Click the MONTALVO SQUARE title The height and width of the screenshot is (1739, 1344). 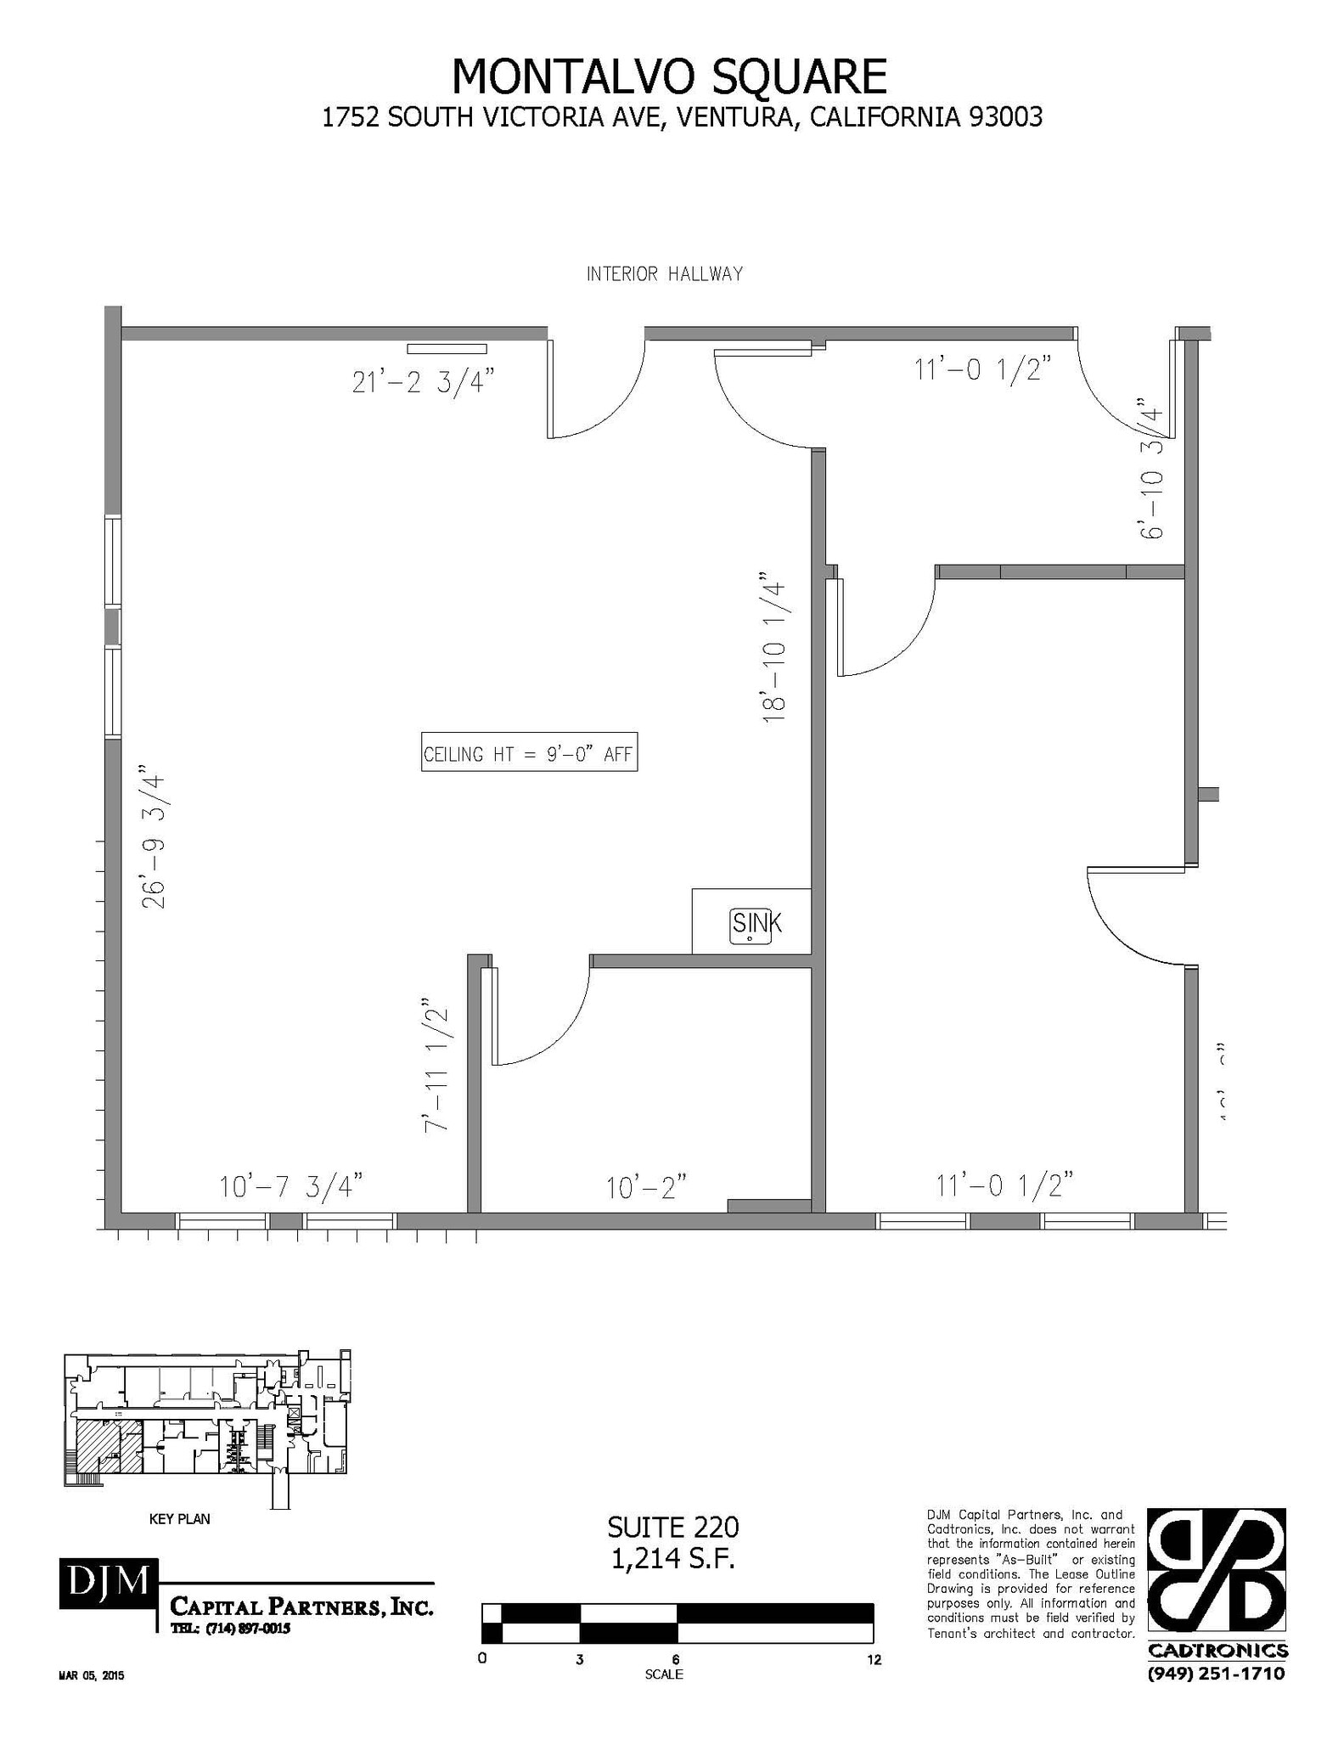pos(668,76)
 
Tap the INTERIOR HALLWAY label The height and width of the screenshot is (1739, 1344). pos(664,274)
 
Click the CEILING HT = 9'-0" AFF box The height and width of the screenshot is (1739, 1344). pos(529,752)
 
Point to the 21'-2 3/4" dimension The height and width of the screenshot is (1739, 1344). pos(422,382)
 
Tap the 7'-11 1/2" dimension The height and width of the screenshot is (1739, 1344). pos(436,1065)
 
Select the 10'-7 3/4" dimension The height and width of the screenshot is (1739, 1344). pos(290,1186)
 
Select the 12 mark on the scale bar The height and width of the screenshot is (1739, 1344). pos(874,1660)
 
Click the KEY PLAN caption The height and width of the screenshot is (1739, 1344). pos(179,1519)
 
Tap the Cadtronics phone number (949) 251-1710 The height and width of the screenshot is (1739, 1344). pos(1216,1674)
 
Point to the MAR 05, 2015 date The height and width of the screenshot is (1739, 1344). pos(91,1676)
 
